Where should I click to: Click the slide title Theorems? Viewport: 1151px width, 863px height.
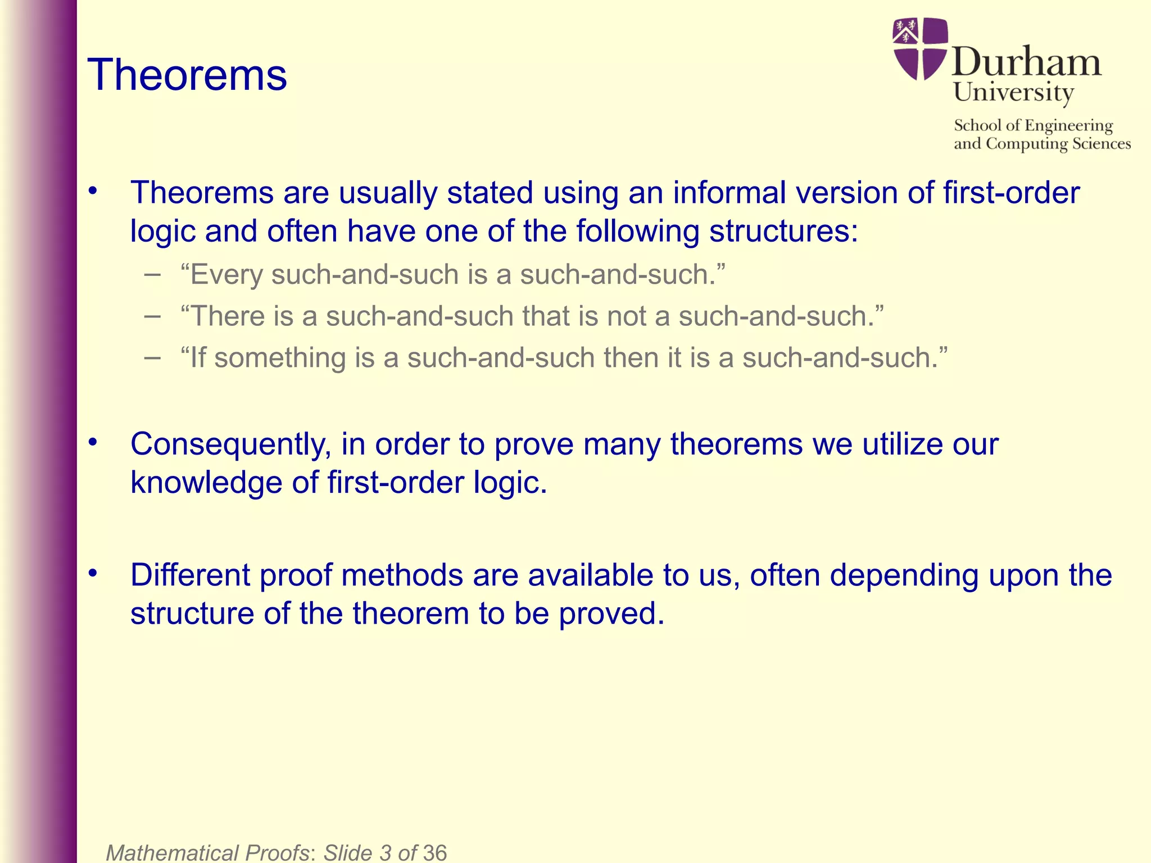[187, 75]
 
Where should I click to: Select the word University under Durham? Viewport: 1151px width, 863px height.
[1013, 93]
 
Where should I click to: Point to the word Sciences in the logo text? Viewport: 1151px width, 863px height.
[1101, 144]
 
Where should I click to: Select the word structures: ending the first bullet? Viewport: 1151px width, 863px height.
[783, 231]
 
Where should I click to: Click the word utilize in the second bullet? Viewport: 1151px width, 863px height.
[903, 444]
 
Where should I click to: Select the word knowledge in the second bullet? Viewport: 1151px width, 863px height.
[206, 483]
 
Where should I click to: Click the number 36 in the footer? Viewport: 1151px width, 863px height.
[435, 852]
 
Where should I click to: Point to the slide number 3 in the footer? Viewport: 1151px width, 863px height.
[386, 852]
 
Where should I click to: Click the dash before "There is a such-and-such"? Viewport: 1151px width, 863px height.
[152, 316]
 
